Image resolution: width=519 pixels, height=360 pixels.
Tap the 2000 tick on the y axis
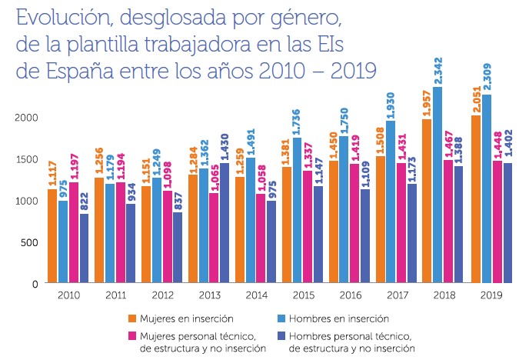coord(26,117)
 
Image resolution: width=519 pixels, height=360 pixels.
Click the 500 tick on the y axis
coord(29,242)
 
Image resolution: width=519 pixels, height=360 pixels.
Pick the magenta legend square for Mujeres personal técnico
coord(132,336)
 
